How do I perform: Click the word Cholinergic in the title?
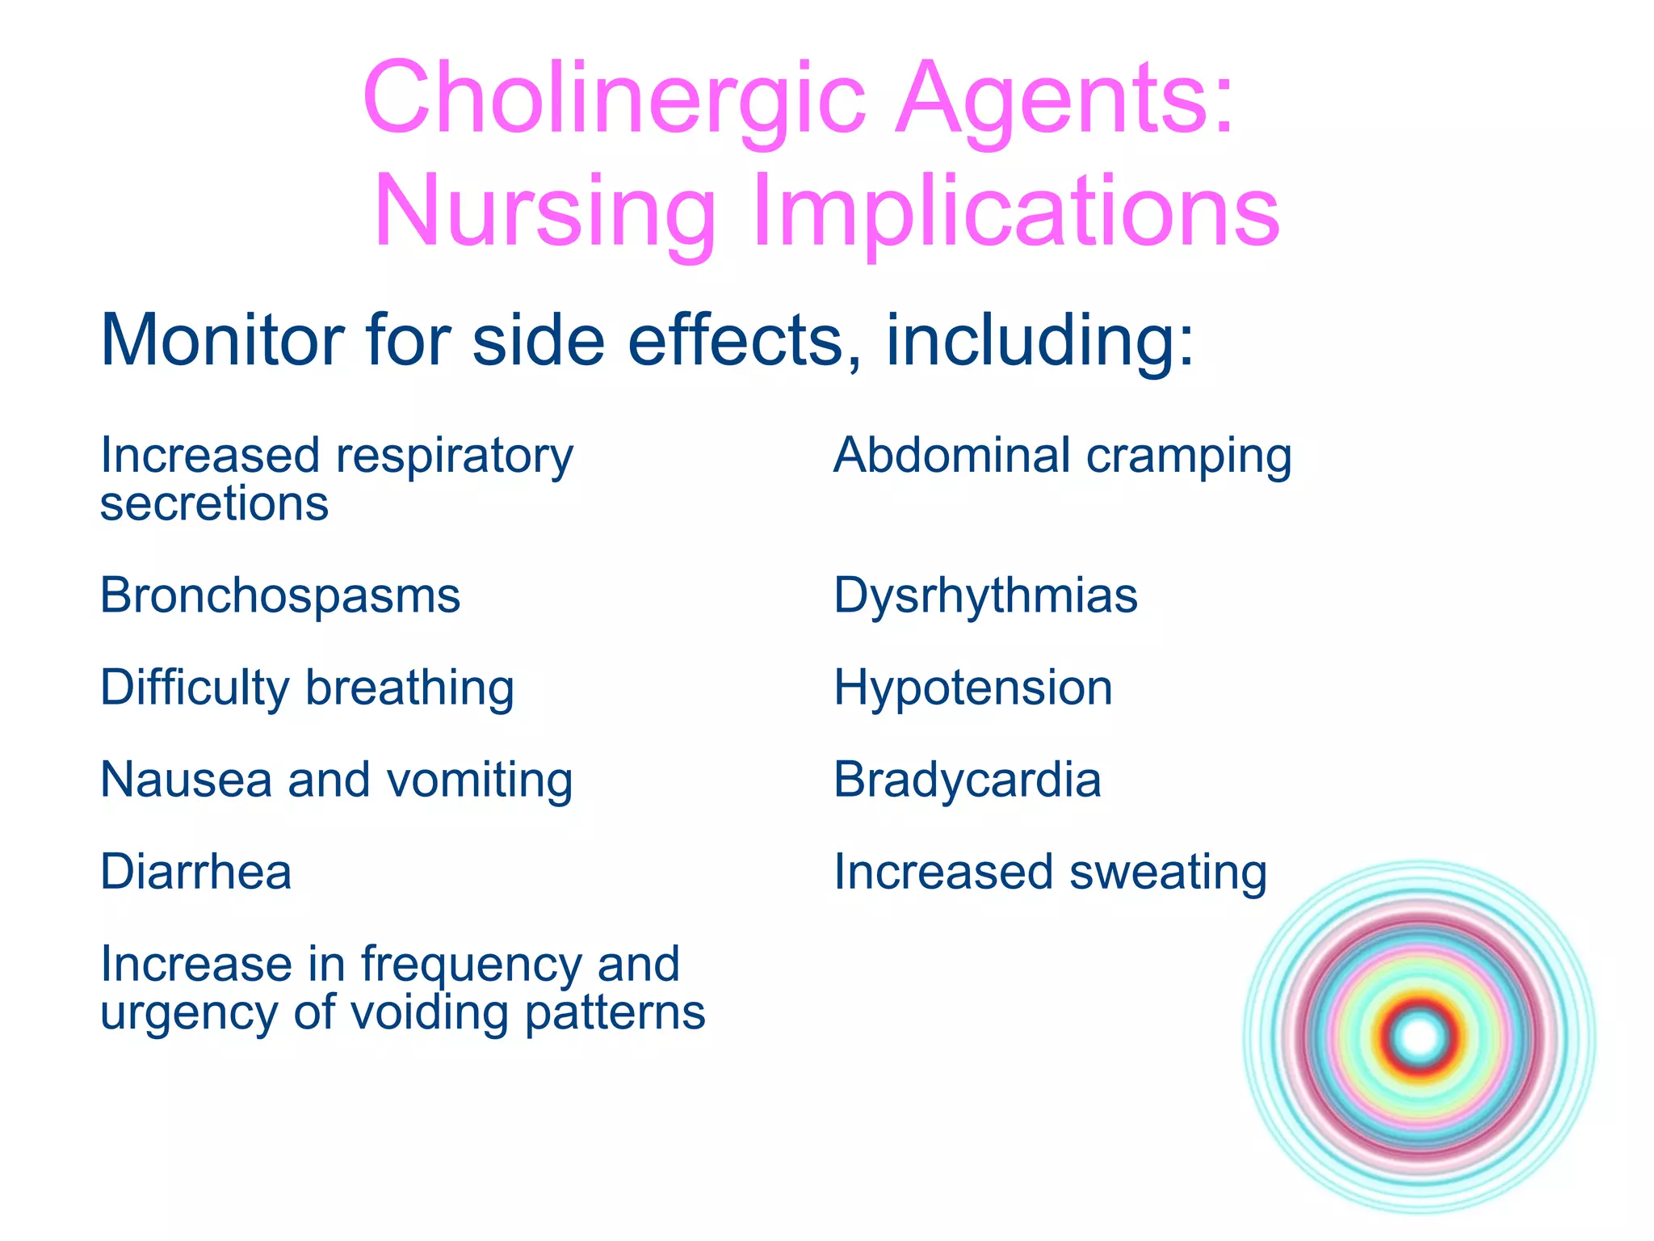point(614,99)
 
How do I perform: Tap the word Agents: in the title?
point(1064,99)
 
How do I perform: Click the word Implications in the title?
point(1015,212)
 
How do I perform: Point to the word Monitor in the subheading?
point(221,340)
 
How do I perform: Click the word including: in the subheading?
point(1039,340)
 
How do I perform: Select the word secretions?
point(214,504)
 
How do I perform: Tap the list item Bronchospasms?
point(280,596)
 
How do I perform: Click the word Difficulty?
point(195,688)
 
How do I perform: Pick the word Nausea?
point(186,780)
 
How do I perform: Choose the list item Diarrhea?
point(195,873)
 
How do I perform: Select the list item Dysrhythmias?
point(985,596)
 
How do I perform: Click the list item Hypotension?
point(973,688)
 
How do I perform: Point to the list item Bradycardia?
point(968,780)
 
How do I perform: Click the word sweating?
point(1168,873)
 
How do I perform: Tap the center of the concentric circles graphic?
point(1420,1037)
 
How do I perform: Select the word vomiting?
point(480,780)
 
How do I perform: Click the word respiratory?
point(455,456)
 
